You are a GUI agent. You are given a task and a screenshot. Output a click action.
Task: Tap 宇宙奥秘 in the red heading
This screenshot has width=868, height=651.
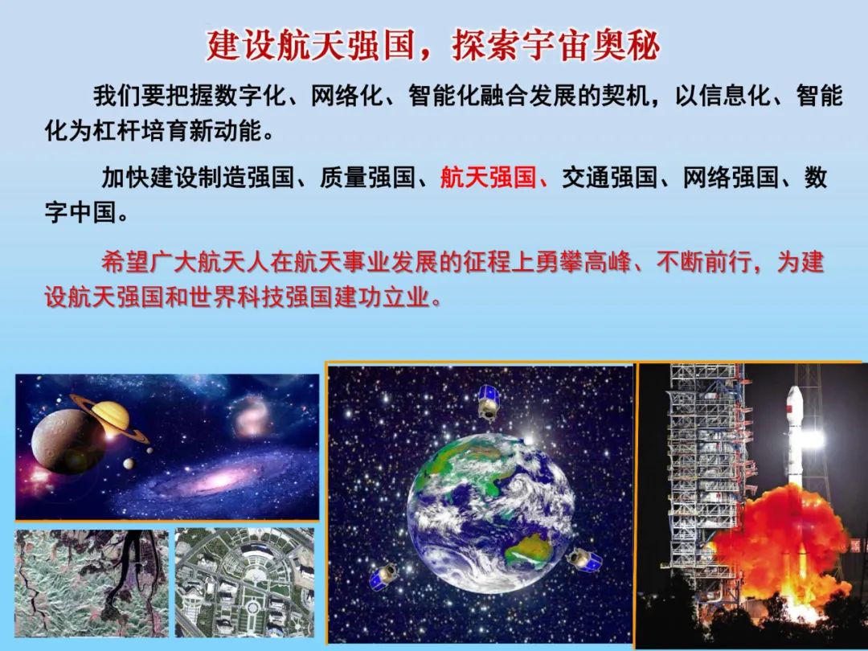point(595,47)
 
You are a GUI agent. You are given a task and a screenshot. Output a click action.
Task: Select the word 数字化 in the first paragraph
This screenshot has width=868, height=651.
point(238,97)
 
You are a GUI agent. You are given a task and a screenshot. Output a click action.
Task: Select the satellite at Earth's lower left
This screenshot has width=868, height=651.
point(385,574)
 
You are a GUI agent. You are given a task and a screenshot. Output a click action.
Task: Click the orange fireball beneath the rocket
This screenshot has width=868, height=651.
point(772,538)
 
